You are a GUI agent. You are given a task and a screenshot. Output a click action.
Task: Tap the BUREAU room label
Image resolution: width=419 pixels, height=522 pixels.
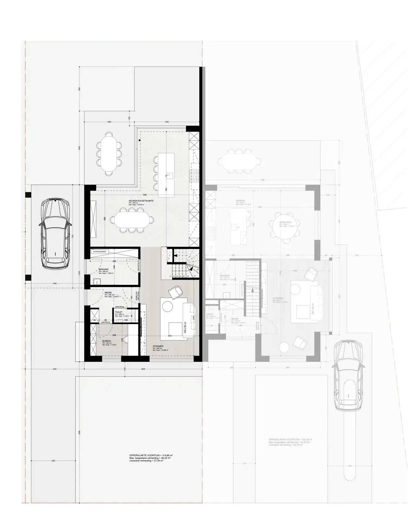pos(106,340)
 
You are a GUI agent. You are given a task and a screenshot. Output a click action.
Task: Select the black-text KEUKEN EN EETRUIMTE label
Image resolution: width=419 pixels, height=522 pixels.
pos(141,201)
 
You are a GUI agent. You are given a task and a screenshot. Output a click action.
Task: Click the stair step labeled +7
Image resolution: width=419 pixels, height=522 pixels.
pos(194,276)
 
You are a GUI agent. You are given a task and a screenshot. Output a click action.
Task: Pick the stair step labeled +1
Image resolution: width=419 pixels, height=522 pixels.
pos(170,276)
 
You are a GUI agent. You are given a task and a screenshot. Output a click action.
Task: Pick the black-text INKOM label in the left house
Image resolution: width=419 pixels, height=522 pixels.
pos(108,293)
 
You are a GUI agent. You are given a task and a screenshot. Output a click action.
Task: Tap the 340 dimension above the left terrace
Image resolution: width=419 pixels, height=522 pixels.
pos(109,122)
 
